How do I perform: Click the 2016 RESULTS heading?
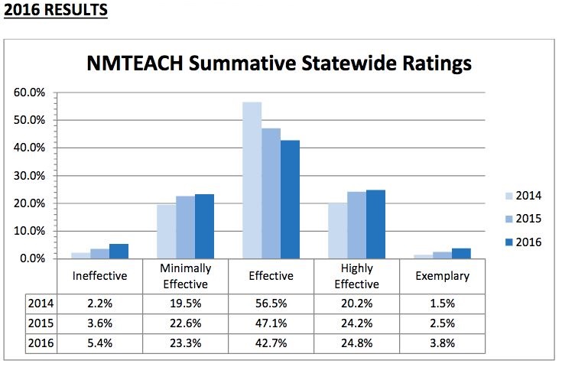coord(55,11)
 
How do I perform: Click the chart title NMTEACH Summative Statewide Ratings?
coord(278,63)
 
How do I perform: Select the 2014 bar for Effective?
coord(252,180)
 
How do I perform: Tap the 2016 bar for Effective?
coord(290,200)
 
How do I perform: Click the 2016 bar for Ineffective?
coord(119,251)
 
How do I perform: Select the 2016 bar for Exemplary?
coord(461,253)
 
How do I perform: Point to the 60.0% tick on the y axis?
coord(30,93)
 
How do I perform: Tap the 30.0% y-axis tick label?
coord(30,176)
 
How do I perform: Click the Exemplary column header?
coord(442,275)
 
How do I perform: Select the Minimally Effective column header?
coord(186,275)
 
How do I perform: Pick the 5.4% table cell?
coord(100,343)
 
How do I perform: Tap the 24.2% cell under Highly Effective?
coord(356,323)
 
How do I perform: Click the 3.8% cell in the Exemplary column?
coord(442,343)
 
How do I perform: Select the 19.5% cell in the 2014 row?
coord(186,302)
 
